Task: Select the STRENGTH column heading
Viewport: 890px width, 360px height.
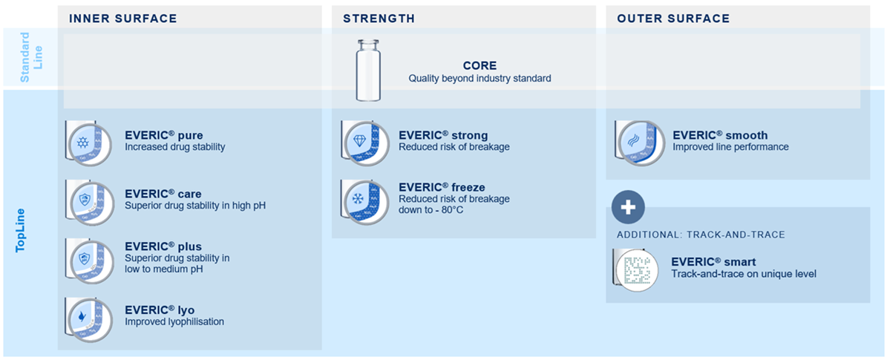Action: [379, 19]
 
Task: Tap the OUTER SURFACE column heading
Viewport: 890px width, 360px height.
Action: [673, 19]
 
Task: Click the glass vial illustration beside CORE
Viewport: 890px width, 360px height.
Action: [368, 71]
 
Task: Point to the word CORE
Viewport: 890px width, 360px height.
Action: [480, 66]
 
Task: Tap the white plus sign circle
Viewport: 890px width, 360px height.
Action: [628, 207]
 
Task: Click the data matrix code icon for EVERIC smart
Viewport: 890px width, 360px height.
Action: [637, 269]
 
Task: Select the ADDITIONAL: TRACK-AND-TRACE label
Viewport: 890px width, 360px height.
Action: [701, 235]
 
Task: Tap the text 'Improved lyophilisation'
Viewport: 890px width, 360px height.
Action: [174, 321]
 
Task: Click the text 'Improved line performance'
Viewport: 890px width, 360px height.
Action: [730, 147]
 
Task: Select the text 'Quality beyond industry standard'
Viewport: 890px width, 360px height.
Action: [480, 78]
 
